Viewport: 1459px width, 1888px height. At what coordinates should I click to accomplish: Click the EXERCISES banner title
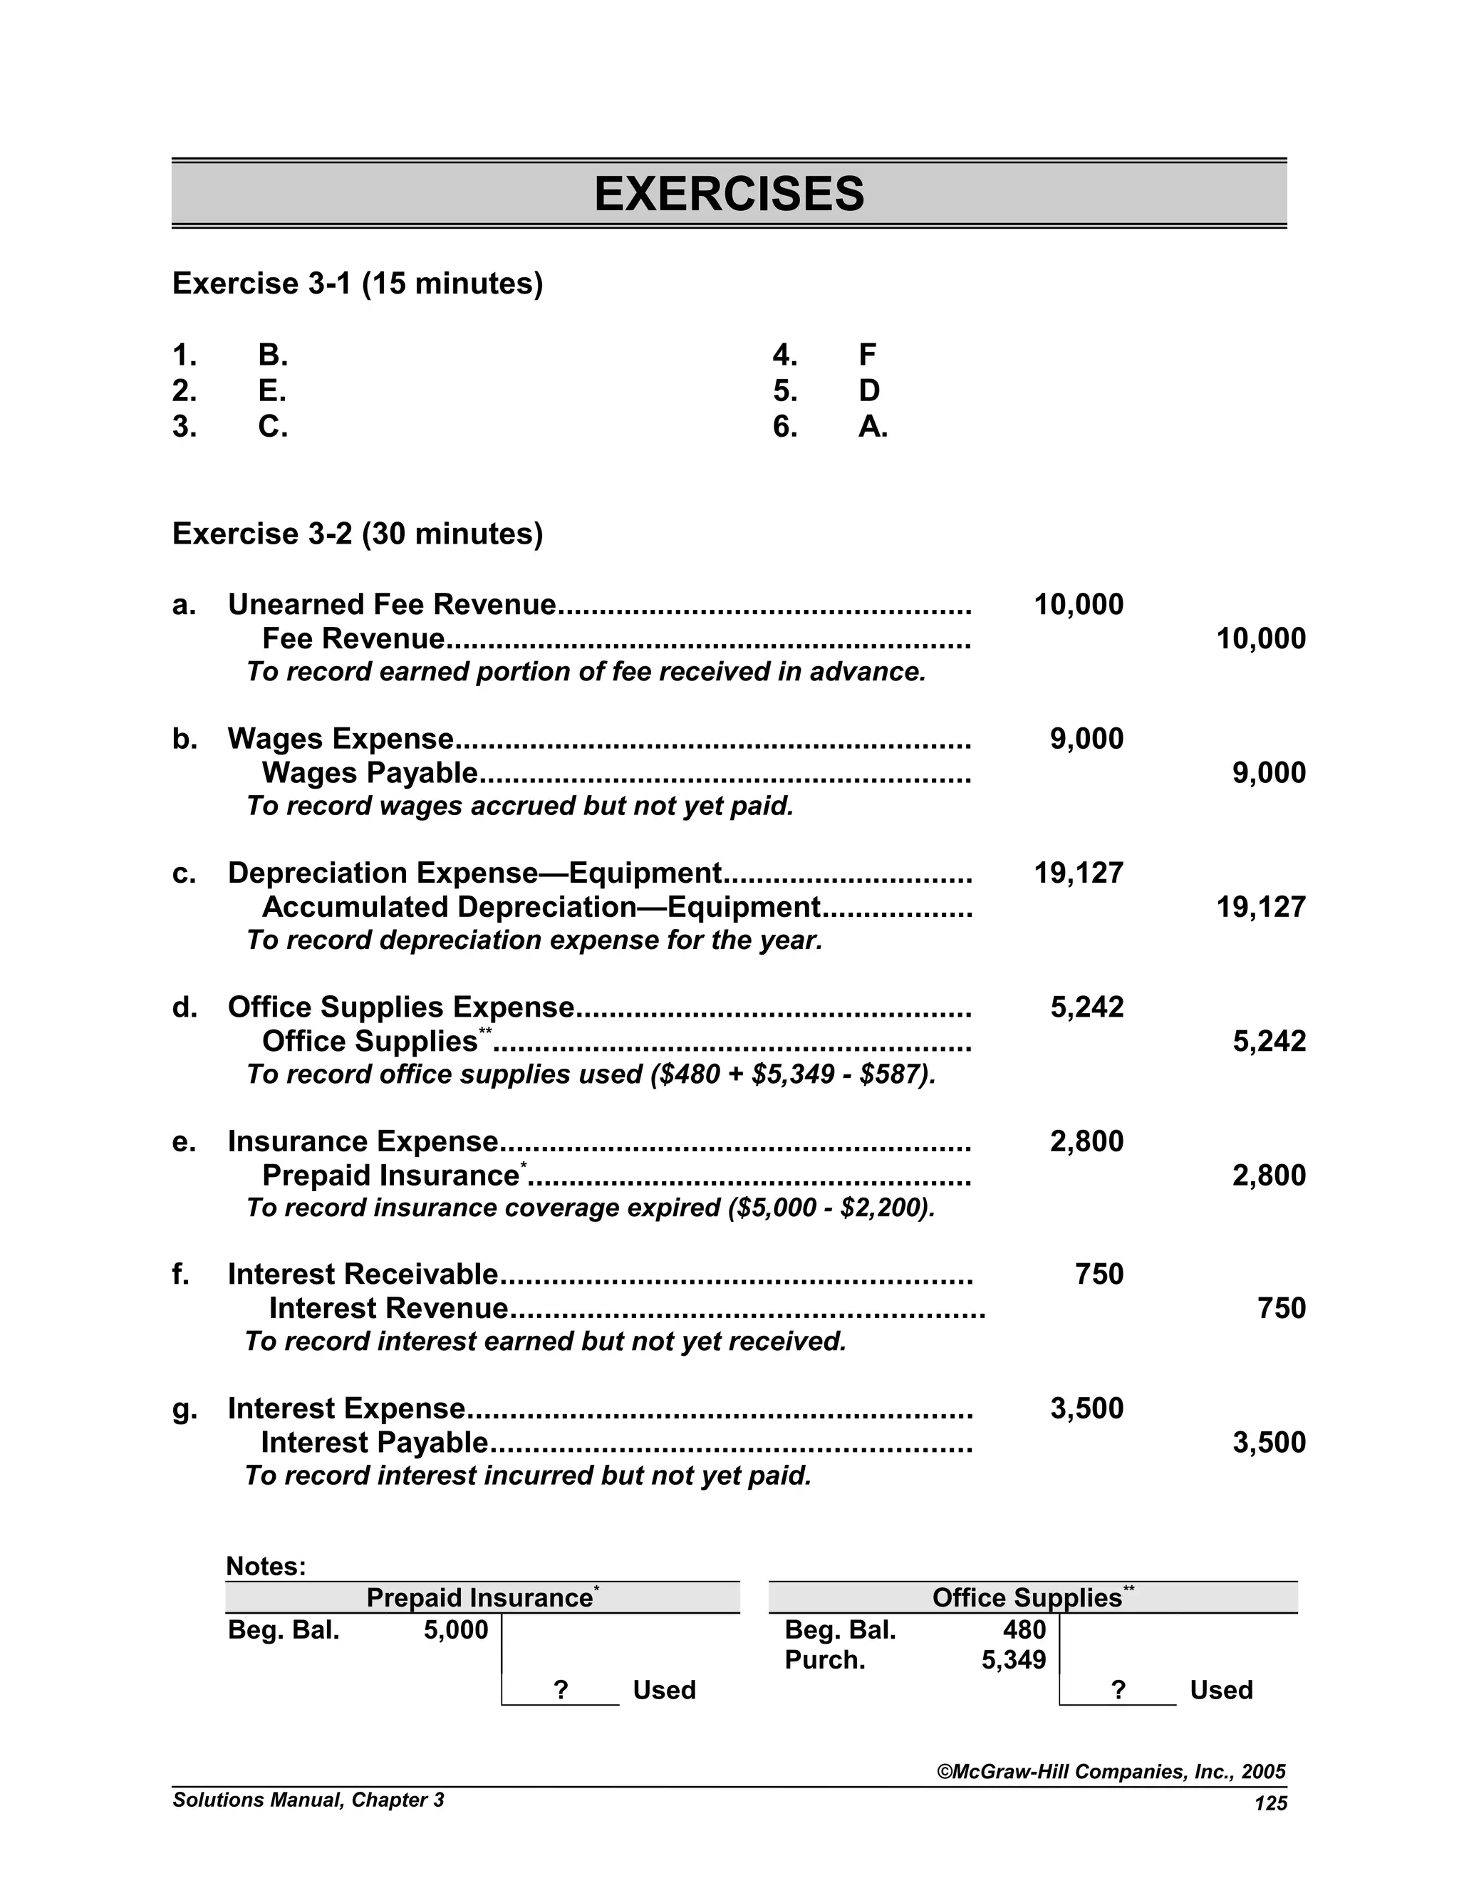[729, 194]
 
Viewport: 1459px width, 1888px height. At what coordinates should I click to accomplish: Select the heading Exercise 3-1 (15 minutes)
[358, 284]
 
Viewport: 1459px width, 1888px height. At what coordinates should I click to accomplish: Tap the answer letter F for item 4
[868, 354]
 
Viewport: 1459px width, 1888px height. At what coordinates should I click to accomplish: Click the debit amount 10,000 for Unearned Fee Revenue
[1078, 604]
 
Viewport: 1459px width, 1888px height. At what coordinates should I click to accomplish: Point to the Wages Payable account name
[369, 772]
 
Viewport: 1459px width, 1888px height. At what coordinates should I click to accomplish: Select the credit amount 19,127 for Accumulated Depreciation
[1260, 907]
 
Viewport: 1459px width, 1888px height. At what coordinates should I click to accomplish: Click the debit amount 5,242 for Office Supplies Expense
[1086, 1007]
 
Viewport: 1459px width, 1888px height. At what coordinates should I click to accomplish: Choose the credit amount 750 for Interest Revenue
[1281, 1308]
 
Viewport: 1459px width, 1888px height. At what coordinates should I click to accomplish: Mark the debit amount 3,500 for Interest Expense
[1086, 1409]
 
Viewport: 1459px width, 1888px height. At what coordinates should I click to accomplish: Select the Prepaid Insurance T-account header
[481, 1597]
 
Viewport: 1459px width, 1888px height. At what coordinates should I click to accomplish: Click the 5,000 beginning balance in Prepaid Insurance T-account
[455, 1629]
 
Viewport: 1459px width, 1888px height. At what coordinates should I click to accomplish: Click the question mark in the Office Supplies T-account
[1118, 1690]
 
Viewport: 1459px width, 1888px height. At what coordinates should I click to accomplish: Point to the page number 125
[1271, 1803]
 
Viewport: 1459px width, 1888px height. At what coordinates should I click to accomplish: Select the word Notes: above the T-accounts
[265, 1567]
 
